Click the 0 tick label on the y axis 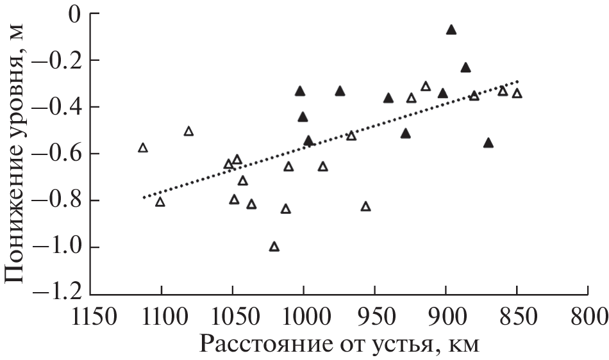click(x=74, y=13)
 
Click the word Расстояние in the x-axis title click(x=272, y=343)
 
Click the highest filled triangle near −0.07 click(x=451, y=29)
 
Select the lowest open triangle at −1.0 click(x=274, y=247)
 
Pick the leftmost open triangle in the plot click(x=143, y=148)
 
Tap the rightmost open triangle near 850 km click(x=517, y=94)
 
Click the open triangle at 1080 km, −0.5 click(x=188, y=131)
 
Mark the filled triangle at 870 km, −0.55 click(x=488, y=143)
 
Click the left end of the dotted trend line click(x=144, y=198)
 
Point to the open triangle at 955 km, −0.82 click(x=366, y=206)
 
